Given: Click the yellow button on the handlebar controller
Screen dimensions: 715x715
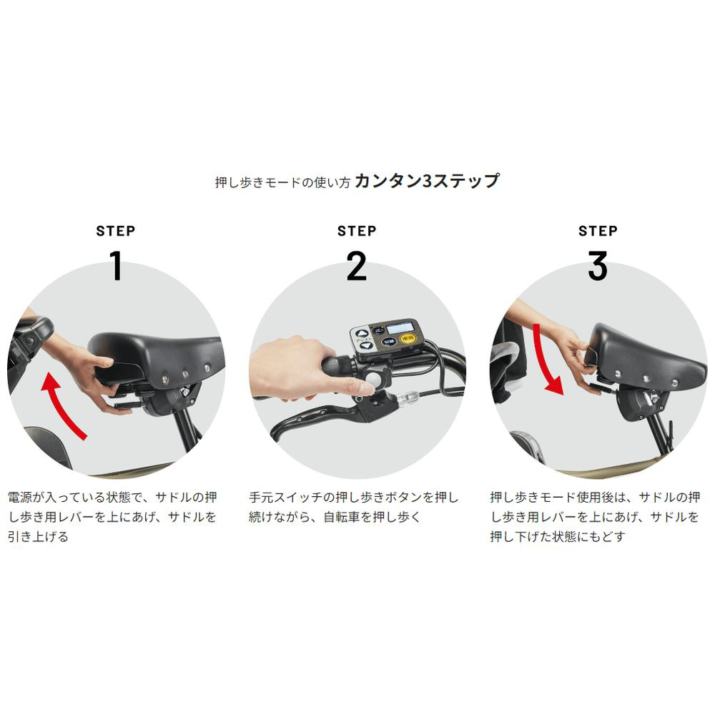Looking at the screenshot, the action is click(x=408, y=339).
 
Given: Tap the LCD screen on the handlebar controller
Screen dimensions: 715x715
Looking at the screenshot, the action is click(x=400, y=327).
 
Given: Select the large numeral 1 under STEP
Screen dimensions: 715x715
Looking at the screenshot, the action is click(x=117, y=265).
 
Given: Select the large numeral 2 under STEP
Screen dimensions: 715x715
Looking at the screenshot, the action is click(x=357, y=265).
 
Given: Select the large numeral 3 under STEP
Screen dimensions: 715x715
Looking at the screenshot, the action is click(x=597, y=265).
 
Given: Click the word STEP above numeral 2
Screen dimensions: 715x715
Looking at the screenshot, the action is click(x=357, y=231).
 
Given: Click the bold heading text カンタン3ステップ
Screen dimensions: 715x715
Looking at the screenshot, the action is click(x=427, y=181).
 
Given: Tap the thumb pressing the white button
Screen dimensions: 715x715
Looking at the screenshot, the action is click(x=353, y=387).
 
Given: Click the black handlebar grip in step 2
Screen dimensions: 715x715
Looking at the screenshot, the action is click(x=339, y=365).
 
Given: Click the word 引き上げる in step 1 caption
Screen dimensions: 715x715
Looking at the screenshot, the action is click(x=38, y=536).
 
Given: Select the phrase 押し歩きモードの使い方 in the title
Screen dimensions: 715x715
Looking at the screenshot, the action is click(x=282, y=182).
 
